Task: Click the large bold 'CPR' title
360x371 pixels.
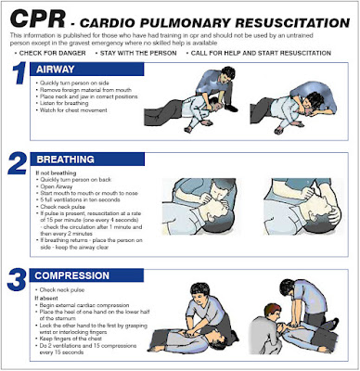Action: pyautogui.click(x=36, y=18)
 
